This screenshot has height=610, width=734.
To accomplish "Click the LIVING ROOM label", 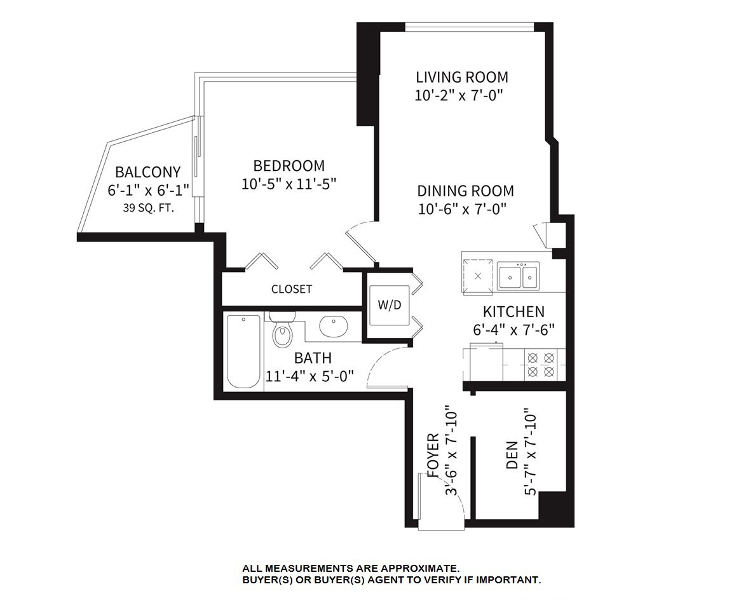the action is tap(462, 77).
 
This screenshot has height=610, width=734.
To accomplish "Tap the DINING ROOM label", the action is tap(465, 191).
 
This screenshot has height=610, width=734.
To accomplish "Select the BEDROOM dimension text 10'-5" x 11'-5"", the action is tap(289, 184).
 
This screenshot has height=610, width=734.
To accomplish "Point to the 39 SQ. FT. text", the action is tap(149, 208).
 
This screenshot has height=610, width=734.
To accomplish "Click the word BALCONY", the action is tap(148, 172).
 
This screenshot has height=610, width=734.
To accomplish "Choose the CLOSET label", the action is tap(292, 289).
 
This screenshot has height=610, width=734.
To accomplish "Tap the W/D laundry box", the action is tap(390, 305).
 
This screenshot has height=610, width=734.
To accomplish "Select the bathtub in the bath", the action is tap(243, 351).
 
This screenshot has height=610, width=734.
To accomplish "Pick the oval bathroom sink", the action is tap(333, 326).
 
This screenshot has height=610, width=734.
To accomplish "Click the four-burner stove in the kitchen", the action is tap(541, 365).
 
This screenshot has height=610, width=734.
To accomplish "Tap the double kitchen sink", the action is tap(518, 276).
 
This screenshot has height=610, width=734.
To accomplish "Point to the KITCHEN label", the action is tap(513, 311).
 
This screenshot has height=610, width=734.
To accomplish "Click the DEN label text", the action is tap(512, 455).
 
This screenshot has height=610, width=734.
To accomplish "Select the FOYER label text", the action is tap(433, 455).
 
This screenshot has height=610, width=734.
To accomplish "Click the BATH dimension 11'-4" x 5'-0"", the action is tap(309, 376).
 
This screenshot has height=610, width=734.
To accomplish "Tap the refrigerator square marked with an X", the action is tap(477, 276).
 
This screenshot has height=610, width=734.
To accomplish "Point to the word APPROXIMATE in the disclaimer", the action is tap(419, 569).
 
